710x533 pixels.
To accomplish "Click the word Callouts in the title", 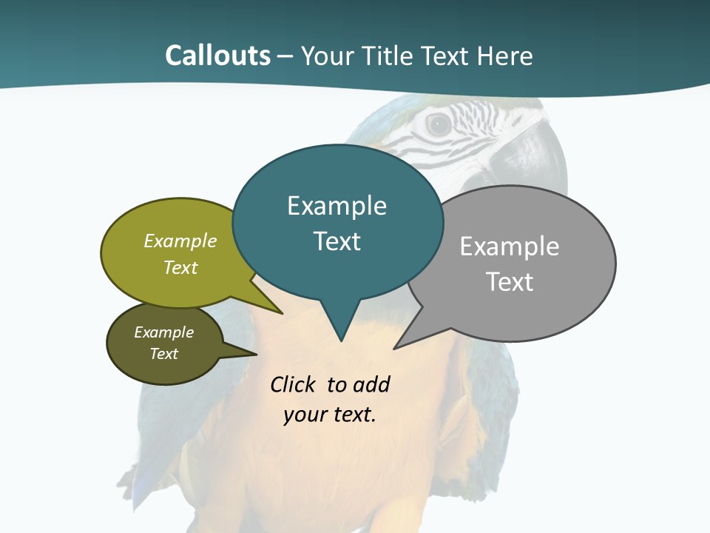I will (217, 56).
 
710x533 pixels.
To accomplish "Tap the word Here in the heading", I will (504, 56).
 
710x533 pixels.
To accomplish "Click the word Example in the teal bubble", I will (337, 206).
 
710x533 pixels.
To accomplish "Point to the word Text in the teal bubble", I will (337, 241).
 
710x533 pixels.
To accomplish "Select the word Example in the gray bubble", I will (510, 247).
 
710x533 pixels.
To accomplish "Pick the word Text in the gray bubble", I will (510, 282).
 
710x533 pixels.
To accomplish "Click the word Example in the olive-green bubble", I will (180, 241).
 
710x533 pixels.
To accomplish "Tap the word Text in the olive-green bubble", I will (180, 267).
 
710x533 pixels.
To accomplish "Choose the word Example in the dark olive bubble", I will (163, 332).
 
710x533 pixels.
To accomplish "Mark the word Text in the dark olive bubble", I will (163, 354).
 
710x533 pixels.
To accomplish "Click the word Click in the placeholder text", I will (294, 384).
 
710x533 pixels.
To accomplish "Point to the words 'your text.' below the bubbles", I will (330, 415).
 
